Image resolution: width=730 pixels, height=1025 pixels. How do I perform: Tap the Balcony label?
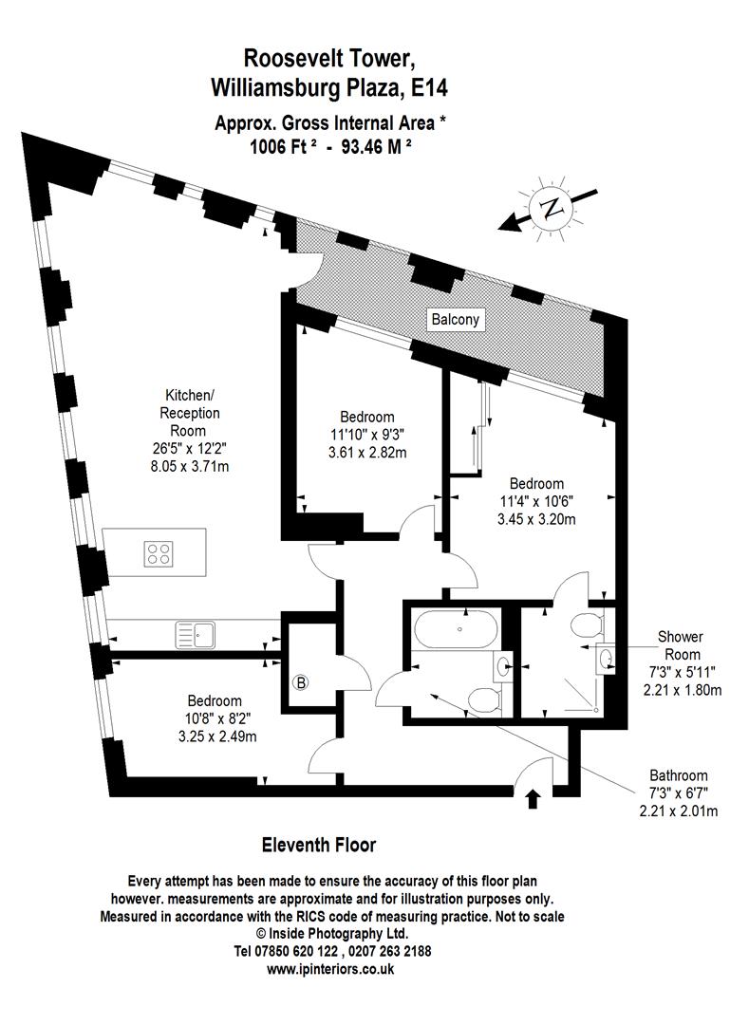coord(456,320)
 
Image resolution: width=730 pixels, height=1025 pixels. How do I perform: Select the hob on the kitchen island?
coord(159,552)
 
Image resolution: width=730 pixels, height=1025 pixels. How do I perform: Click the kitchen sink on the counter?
coord(196,634)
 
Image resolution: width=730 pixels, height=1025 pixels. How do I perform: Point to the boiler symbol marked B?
coord(303,682)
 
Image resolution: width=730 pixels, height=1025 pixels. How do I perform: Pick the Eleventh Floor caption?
coord(318,845)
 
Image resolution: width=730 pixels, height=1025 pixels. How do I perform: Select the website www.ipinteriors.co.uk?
coord(330,969)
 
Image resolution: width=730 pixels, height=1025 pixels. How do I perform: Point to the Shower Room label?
coord(682,645)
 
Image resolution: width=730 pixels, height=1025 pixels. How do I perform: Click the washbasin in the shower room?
coord(604,657)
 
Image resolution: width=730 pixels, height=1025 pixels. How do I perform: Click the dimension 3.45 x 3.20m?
coord(536,519)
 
